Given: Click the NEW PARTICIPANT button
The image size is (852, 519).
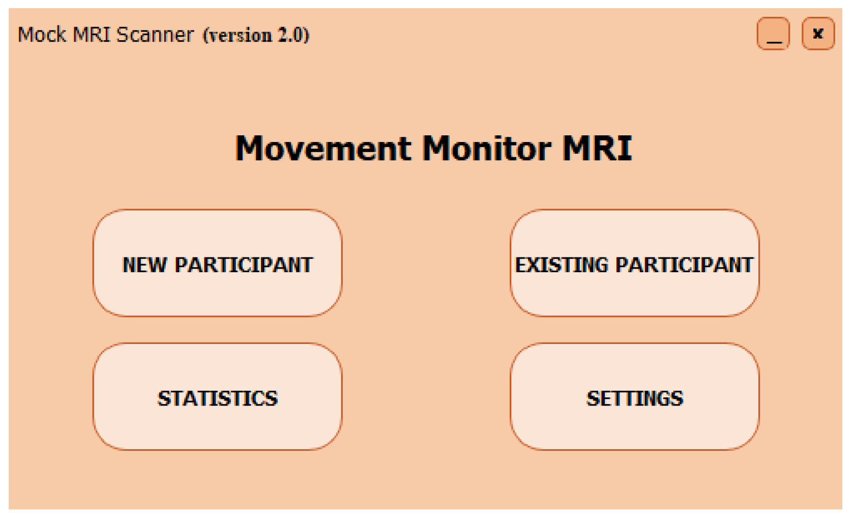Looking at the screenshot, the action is [218, 263].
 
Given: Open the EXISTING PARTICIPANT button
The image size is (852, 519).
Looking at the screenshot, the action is [634, 263].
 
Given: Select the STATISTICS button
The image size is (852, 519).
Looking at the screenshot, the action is [218, 397].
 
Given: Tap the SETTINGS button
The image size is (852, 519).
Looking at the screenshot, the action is [634, 397].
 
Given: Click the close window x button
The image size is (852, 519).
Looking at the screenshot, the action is [818, 34].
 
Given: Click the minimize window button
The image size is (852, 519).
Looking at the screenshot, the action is [773, 34].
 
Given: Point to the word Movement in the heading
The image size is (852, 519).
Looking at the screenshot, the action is [324, 148].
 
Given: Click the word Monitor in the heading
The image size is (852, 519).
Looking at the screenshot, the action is [486, 148].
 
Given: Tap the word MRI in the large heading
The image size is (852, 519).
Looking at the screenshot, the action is [597, 148].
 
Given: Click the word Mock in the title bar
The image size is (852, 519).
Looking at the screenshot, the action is [42, 34].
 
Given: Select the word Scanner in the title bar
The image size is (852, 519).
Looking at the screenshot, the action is [155, 34].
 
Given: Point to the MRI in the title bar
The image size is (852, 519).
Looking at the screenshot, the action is [91, 34].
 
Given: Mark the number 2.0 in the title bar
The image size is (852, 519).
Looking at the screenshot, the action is [290, 35].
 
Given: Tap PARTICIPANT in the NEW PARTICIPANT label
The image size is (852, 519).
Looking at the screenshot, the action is [244, 265].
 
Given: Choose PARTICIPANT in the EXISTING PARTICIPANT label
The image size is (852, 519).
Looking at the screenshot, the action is [684, 265].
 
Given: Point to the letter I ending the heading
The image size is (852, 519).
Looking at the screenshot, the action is [627, 148].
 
